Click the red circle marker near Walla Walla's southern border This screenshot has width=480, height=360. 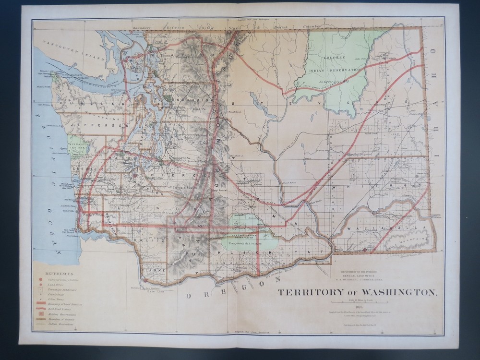point(366,250)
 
